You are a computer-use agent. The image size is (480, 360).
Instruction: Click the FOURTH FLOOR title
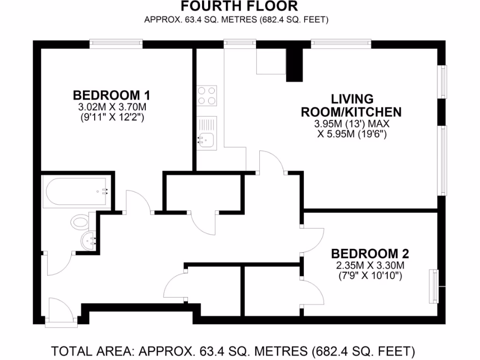coord(239,7)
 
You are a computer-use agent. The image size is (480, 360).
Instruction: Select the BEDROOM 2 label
coord(370,254)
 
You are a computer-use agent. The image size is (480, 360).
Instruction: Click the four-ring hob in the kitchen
coord(207,95)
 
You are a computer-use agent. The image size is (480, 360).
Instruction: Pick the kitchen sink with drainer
coord(207,133)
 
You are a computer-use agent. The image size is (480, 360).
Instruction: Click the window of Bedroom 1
coord(116,43)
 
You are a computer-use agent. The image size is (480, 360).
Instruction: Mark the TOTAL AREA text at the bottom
coord(233,351)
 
